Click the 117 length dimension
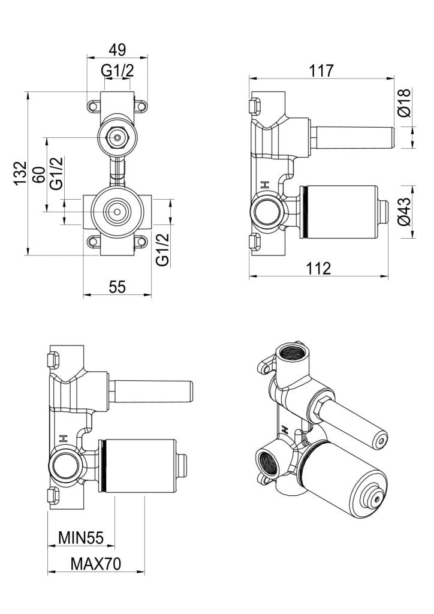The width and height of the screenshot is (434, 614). tap(321, 70)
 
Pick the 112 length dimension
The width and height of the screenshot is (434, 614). tap(318, 268)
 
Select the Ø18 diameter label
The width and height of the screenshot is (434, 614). tap(406, 103)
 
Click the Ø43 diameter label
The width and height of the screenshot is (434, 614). tap(406, 212)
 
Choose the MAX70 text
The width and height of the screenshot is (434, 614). tap(96, 564)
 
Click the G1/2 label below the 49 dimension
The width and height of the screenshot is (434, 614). tap(117, 71)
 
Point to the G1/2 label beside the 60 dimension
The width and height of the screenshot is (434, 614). tap(57, 174)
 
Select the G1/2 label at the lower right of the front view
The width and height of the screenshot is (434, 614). tap(162, 249)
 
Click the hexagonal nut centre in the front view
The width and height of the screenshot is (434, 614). tap(117, 137)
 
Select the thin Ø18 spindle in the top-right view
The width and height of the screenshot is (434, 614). tap(351, 137)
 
